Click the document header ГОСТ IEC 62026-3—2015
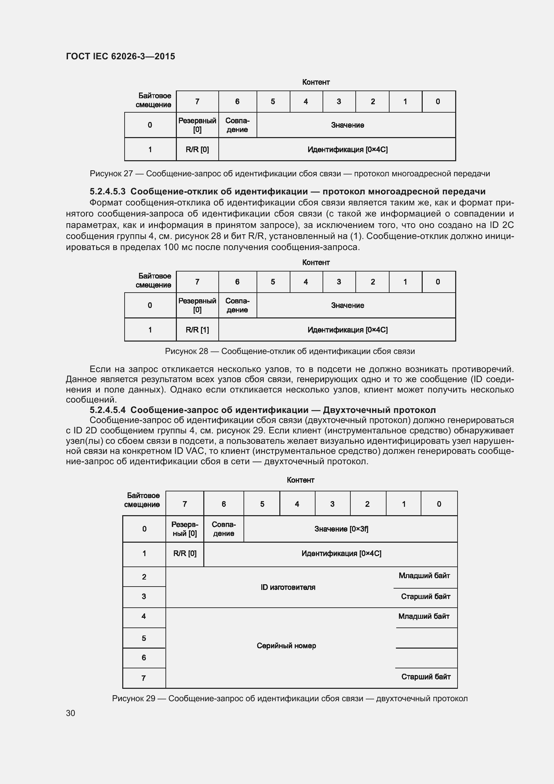[121, 56]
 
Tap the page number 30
[71, 713]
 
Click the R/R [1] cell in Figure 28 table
[197, 330]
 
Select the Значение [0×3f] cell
[341, 529]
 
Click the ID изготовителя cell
[288, 587]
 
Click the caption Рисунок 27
[290, 174]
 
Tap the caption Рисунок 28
[290, 351]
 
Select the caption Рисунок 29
[290, 699]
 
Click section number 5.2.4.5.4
[108, 410]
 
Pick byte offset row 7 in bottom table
[144, 678]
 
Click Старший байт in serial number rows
[426, 677]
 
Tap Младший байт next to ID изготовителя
[424, 576]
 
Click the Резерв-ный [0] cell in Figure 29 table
[185, 529]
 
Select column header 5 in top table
[273, 102]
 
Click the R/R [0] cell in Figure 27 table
[197, 149]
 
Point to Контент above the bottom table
[300, 480]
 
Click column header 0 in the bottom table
[439, 504]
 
